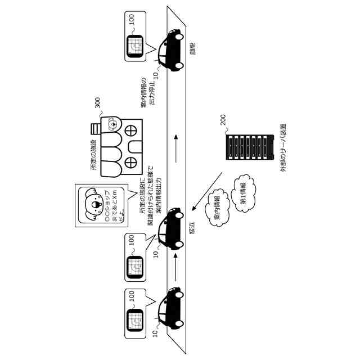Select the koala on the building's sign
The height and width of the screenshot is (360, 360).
[112, 123]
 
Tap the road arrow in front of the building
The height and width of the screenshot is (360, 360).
[176, 149]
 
